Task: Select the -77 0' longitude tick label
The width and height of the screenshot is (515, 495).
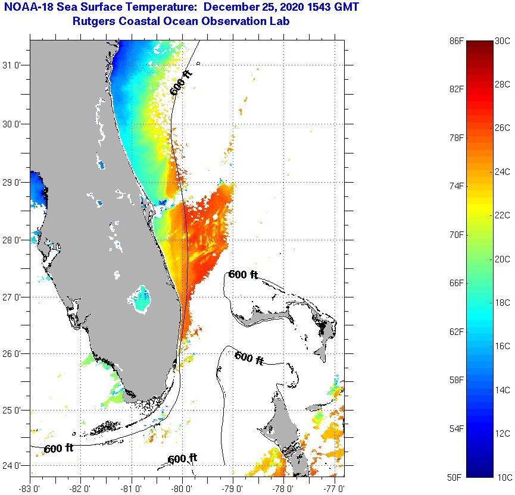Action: (336, 489)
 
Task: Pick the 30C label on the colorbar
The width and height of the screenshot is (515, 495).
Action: (503, 41)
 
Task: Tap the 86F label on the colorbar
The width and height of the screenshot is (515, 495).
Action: (456, 41)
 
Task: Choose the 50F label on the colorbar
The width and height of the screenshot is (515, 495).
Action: (456, 477)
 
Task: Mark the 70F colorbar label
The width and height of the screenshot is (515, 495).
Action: (456, 235)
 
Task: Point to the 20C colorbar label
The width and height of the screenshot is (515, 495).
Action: (503, 259)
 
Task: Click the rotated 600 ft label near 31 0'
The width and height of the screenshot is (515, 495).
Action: (181, 82)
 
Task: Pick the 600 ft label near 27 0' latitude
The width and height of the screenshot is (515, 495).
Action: (244, 275)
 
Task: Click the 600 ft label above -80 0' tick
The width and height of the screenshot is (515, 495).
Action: (182, 459)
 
